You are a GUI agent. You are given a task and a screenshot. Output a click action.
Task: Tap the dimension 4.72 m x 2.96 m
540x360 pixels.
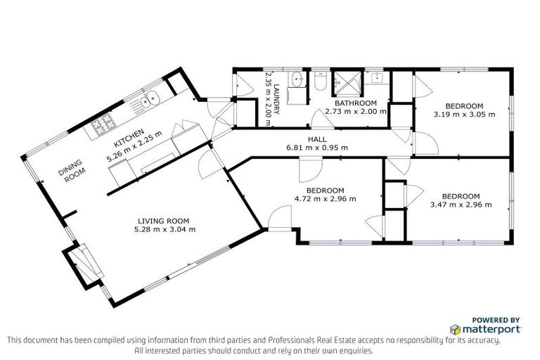point(325,199)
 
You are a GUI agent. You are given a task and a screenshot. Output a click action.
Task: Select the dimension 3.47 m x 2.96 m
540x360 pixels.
point(461,205)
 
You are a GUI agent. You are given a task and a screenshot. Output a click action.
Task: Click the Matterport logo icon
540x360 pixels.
point(456,329)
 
